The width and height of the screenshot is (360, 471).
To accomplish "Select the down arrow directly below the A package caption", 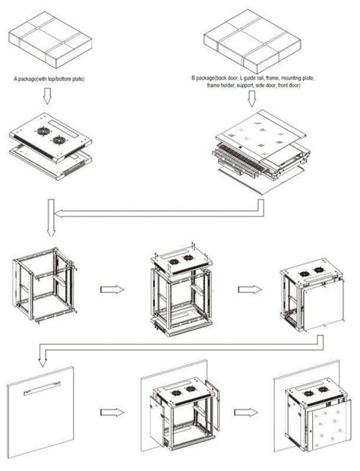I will [x=48, y=96].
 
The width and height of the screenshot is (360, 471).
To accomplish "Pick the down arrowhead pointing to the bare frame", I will [x=49, y=228].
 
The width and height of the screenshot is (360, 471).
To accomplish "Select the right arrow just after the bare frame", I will [x=112, y=289].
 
